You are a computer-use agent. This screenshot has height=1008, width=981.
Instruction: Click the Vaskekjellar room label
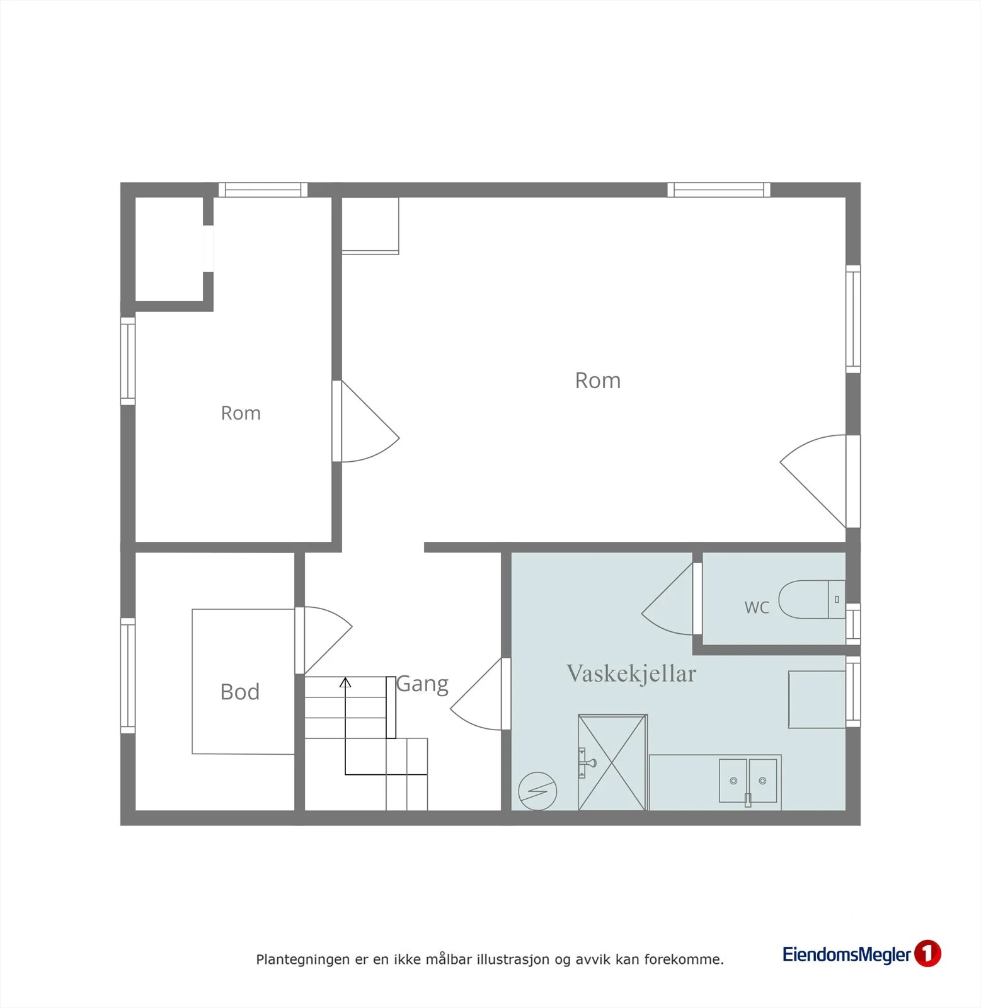click(631, 673)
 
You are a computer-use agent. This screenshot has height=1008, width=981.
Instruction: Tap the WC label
click(757, 608)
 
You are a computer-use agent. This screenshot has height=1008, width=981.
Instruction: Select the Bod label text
click(240, 692)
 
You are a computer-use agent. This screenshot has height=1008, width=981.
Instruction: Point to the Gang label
click(423, 685)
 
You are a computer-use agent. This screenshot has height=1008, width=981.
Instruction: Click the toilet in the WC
click(812, 600)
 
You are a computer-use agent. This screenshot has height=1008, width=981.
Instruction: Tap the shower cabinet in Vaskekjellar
click(612, 762)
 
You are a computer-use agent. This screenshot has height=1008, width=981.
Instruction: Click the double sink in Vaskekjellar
click(748, 781)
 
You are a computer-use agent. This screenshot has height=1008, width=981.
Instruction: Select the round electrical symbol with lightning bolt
click(537, 791)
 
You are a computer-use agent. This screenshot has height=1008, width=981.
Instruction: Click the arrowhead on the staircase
click(345, 682)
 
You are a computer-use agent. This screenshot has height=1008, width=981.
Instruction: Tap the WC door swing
click(668, 598)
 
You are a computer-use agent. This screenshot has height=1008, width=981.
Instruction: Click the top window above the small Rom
click(263, 190)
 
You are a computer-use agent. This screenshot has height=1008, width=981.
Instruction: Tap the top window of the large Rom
click(719, 190)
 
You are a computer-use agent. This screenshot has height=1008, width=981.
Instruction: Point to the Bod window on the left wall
click(128, 675)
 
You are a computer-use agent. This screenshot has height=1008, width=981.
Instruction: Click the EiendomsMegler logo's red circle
click(927, 953)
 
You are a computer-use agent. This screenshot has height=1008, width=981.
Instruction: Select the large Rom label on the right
click(598, 381)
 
